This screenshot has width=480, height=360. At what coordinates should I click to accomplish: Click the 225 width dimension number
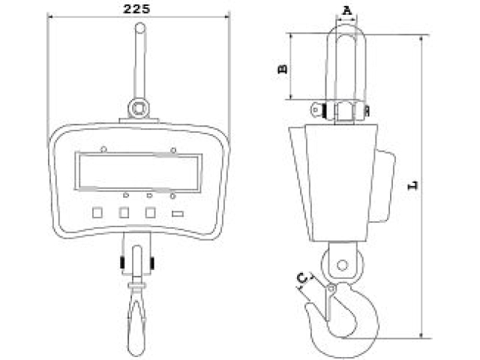(x=136, y=8)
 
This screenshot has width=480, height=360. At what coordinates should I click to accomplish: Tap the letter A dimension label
(x=346, y=10)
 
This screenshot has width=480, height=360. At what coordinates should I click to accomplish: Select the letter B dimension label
(x=283, y=69)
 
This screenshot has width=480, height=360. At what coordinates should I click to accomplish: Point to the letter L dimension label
(x=413, y=185)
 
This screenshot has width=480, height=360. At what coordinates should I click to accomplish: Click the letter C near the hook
(x=302, y=278)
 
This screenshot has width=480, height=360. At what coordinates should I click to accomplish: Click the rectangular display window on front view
(x=138, y=172)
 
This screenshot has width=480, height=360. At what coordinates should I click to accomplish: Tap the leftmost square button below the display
(x=97, y=212)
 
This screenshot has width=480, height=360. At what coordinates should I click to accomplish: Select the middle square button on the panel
(x=124, y=212)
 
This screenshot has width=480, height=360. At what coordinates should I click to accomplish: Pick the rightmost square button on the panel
(x=150, y=212)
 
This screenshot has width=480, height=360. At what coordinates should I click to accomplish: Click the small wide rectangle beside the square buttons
(x=178, y=214)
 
